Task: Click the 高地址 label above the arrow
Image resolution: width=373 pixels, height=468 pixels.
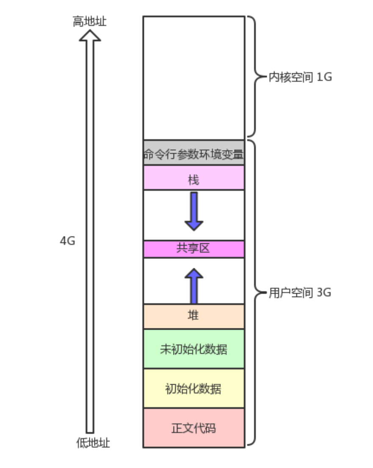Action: (90, 22)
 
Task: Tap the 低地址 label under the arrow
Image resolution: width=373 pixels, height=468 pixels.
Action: (93, 443)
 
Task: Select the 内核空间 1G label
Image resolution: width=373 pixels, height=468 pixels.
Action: (300, 78)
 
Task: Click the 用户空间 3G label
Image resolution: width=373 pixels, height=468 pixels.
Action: (300, 293)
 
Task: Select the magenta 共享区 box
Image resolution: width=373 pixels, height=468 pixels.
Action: (194, 249)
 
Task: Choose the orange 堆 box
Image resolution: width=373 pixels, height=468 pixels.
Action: (194, 316)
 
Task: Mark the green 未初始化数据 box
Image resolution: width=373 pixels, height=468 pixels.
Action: (194, 349)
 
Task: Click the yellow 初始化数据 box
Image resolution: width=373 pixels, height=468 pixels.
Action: (194, 388)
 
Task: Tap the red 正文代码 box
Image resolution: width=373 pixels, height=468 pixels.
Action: (194, 428)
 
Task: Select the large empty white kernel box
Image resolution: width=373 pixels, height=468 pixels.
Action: (194, 78)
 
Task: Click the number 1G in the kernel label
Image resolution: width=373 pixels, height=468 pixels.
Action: (324, 78)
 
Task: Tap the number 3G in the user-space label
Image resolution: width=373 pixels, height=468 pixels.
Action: (323, 293)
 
